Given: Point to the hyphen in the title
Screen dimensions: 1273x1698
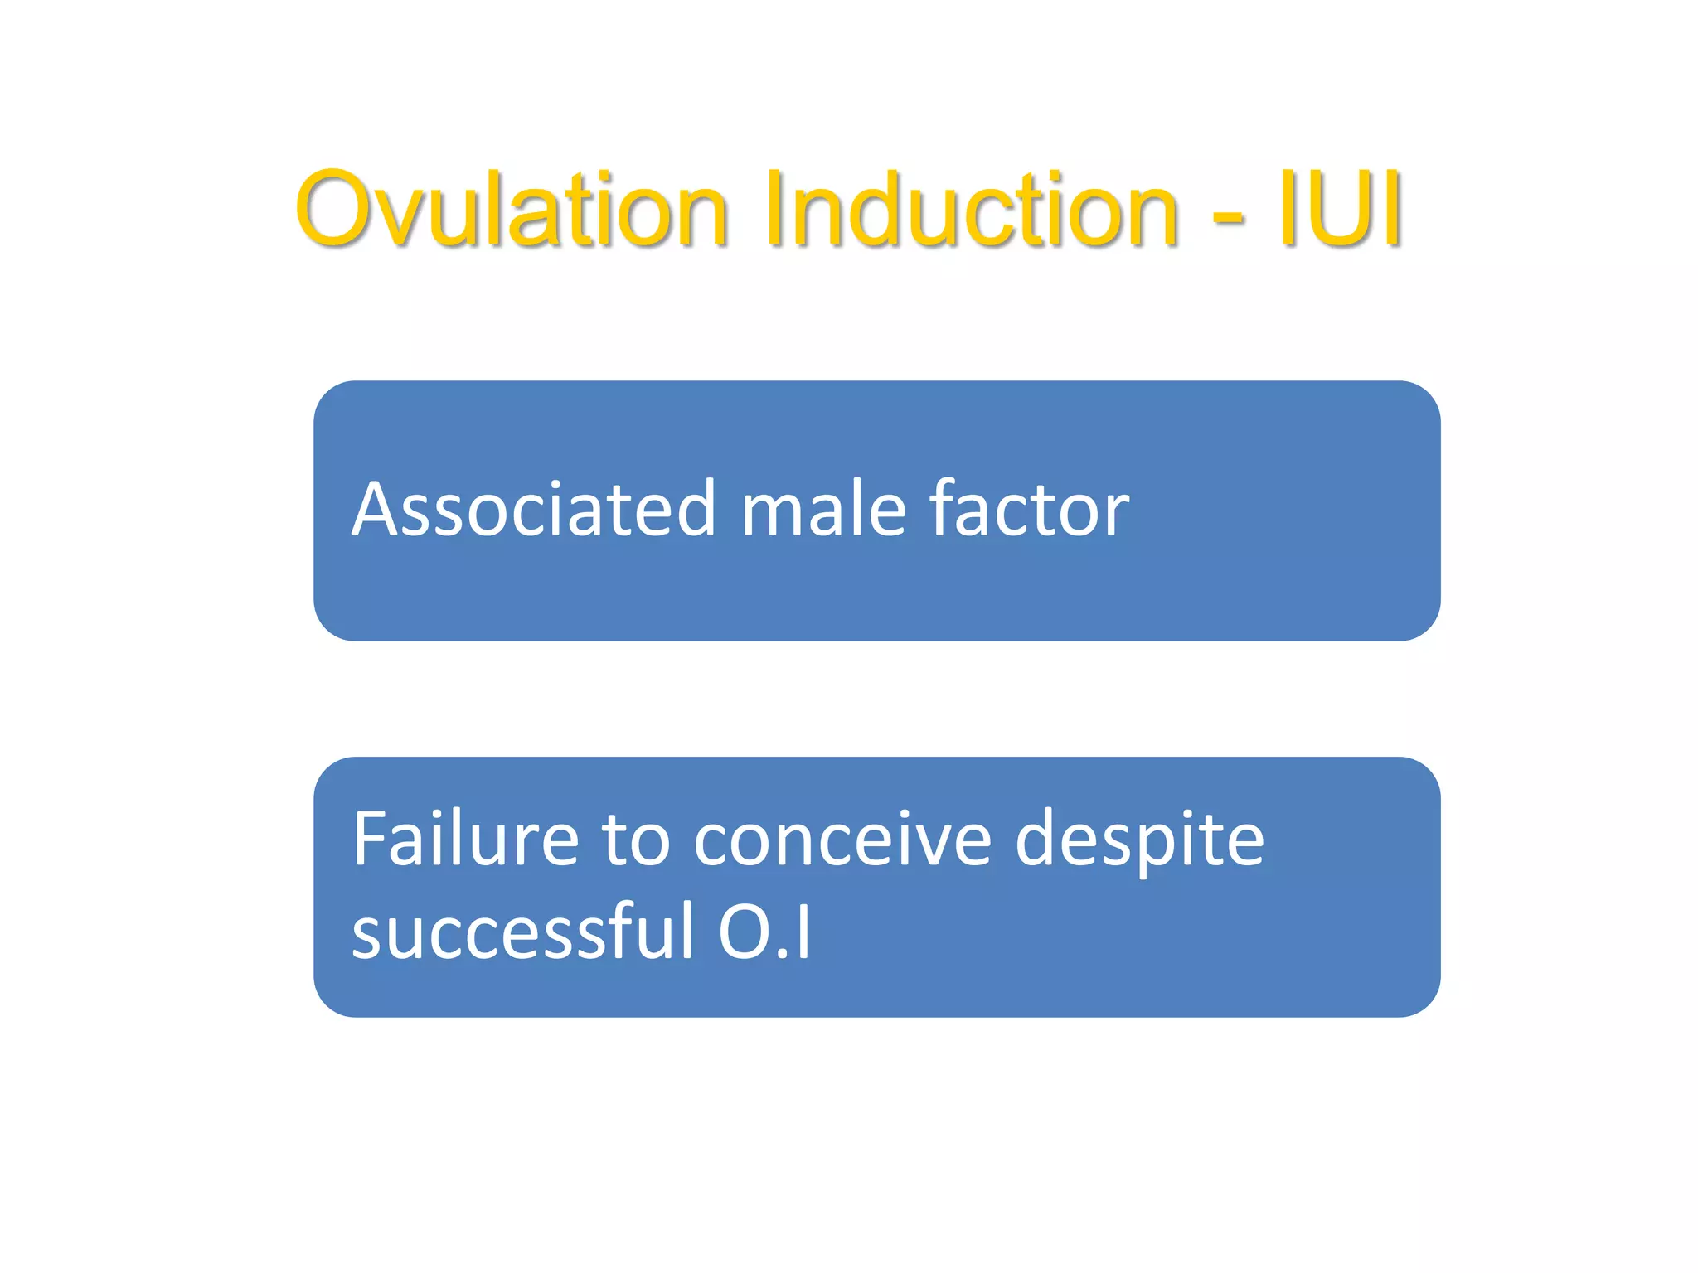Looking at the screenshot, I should pos(1228,217).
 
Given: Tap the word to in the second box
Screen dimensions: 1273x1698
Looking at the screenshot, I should pos(635,841).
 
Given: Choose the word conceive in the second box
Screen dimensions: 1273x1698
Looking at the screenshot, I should pos(842,841).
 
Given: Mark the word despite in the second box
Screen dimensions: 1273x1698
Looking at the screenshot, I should pos(1140,841).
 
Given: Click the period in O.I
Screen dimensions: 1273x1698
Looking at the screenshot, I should pos(784,955).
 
